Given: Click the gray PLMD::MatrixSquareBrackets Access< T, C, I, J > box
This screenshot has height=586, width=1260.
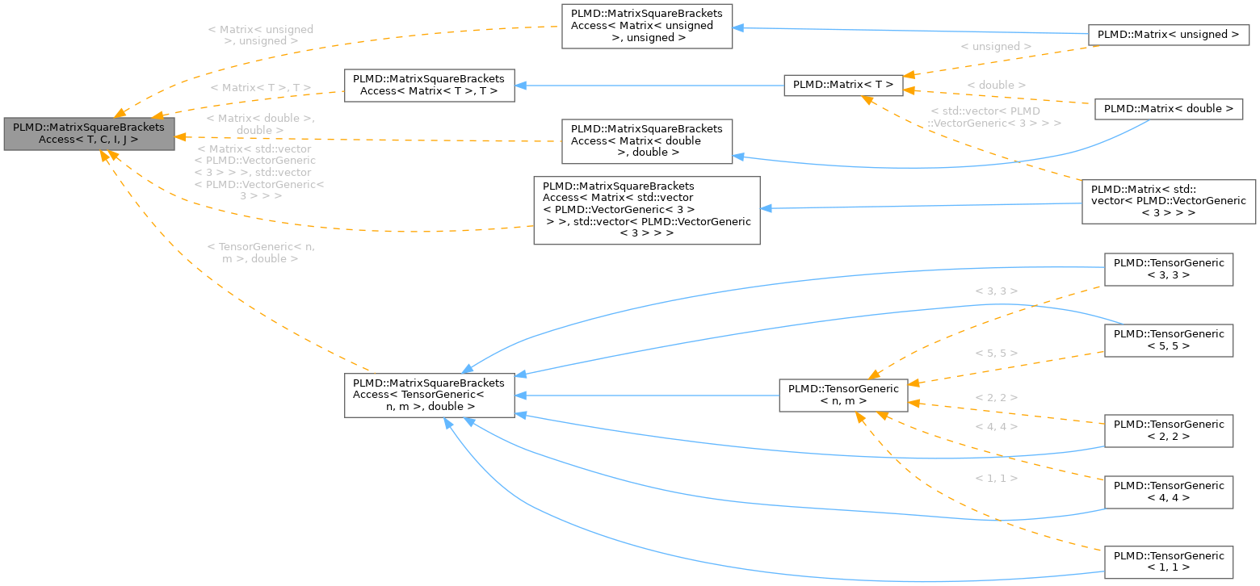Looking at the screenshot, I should click(x=89, y=133).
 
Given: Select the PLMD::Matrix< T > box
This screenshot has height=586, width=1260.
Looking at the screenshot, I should click(x=842, y=84).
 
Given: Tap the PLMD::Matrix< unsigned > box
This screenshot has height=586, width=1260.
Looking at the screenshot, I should click(x=1169, y=35).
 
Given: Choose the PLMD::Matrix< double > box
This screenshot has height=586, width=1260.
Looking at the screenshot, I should click(x=1168, y=109).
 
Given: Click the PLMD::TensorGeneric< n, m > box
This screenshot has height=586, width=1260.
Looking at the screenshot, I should click(x=843, y=395).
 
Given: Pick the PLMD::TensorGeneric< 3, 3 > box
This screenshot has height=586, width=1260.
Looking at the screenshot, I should click(x=1168, y=269).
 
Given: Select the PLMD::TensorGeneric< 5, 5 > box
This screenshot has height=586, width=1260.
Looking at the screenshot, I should click(x=1168, y=340).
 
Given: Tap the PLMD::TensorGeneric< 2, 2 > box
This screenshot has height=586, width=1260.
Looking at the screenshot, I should click(x=1168, y=430).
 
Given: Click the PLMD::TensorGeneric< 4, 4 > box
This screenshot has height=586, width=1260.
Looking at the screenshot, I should click(x=1168, y=492).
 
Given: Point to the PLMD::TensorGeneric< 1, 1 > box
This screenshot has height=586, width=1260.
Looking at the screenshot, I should click(x=1168, y=562).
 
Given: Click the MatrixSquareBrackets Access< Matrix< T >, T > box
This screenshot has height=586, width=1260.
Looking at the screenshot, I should click(x=429, y=85).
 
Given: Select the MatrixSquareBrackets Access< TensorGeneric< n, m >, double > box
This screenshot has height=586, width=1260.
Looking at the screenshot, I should click(x=429, y=395).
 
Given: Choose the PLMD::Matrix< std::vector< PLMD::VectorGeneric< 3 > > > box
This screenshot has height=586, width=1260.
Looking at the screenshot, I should click(x=1168, y=201).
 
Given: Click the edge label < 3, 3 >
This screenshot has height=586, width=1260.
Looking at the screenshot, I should click(x=996, y=291).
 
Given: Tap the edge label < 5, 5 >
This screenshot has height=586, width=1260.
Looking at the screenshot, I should click(x=996, y=354).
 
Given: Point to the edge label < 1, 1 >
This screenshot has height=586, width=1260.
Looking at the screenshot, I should click(x=996, y=479).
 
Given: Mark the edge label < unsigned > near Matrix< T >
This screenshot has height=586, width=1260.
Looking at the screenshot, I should click(x=995, y=47).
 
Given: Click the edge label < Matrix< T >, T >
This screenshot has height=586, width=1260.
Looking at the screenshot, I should click(x=260, y=87).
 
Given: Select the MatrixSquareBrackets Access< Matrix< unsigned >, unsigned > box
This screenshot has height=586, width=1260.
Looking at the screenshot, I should click(x=646, y=26).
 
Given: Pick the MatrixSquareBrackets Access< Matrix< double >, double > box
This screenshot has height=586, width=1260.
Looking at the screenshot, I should click(x=646, y=140).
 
